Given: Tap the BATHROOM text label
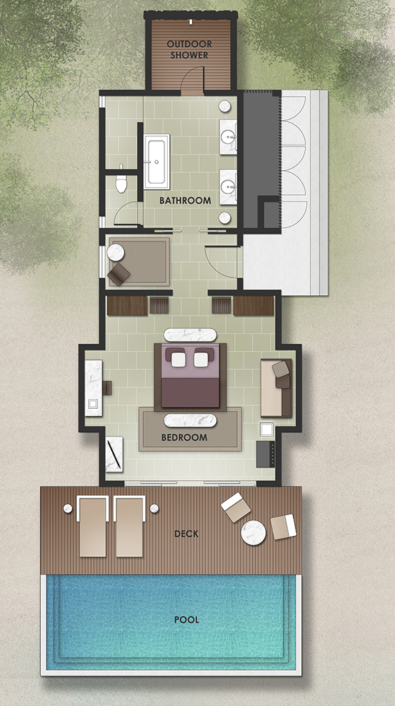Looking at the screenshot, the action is pyautogui.click(x=185, y=201).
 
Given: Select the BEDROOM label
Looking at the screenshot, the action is pyautogui.click(x=185, y=437).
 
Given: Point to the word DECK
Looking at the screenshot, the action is pyautogui.click(x=186, y=534).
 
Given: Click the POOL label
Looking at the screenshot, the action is pyautogui.click(x=187, y=620).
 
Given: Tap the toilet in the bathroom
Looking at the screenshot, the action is pyautogui.click(x=121, y=181).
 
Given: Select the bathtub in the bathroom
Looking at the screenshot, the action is pyautogui.click(x=157, y=162).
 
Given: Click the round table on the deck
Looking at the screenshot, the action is pyautogui.click(x=253, y=532).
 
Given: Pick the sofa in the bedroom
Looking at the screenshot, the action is pyautogui.click(x=276, y=388).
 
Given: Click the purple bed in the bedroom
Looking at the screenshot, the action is pyautogui.click(x=190, y=376).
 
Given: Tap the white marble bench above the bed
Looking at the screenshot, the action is pyautogui.click(x=190, y=335).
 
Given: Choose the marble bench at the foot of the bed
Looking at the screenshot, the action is pyautogui.click(x=190, y=420).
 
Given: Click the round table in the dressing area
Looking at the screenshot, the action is pyautogui.click(x=116, y=253).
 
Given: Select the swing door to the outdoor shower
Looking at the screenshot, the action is pyautogui.click(x=193, y=80).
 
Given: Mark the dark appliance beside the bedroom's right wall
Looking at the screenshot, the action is pyautogui.click(x=265, y=453).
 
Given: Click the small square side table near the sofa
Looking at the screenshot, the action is pyautogui.click(x=267, y=429).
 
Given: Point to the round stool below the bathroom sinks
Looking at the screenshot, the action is pyautogui.click(x=225, y=218).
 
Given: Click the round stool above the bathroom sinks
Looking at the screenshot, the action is pyautogui.click(x=225, y=107).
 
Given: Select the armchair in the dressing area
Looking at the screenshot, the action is pyautogui.click(x=119, y=274).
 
